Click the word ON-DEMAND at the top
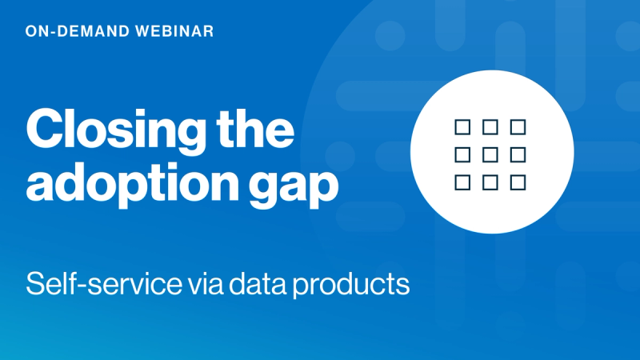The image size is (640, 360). coord(71,32)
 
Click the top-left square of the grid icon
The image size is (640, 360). coord(462,126)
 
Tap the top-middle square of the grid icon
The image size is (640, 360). coord(490,126)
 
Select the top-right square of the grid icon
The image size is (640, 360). coord(518,126)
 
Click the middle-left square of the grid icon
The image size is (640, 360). coord(462,154)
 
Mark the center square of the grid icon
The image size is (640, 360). coord(490,154)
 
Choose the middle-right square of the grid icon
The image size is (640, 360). coord(518,154)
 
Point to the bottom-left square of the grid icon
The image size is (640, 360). coord(462,182)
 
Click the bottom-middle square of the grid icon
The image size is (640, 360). coord(490,182)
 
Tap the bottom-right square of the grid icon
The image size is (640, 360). coord(518,182)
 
